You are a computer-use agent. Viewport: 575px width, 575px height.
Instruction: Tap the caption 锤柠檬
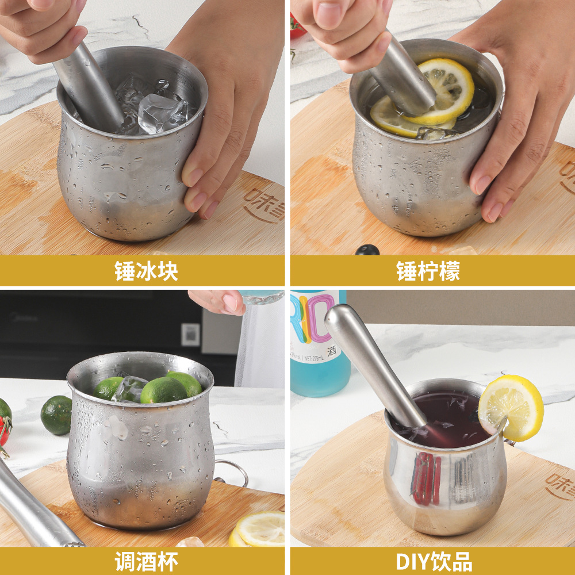point(428,271)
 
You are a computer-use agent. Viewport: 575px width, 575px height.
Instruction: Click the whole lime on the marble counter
point(56,415)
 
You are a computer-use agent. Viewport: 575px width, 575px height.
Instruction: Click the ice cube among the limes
point(130,389)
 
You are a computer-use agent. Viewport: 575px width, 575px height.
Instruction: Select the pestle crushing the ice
point(89,86)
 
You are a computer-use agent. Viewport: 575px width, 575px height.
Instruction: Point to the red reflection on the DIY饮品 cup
point(426,478)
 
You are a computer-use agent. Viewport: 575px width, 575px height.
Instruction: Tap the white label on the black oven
point(190,334)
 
